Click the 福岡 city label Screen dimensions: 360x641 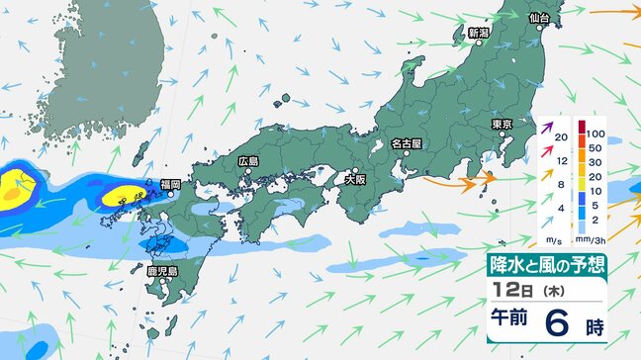coord(170,184)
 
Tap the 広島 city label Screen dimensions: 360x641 coord(247,161)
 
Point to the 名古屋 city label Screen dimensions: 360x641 coord(406,143)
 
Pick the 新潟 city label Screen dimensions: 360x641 coord(479,33)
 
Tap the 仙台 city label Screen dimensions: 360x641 coord(539,18)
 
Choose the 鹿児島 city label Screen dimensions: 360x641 coord(161,270)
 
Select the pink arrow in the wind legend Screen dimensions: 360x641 coord(547,151)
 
